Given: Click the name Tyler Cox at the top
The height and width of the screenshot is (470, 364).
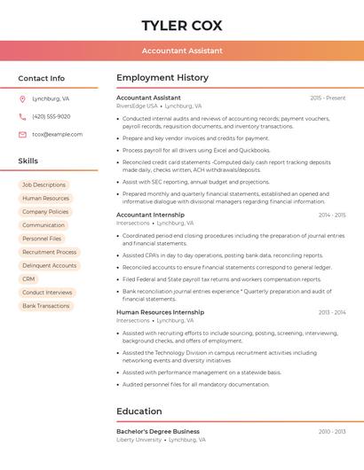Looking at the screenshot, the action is [182, 25].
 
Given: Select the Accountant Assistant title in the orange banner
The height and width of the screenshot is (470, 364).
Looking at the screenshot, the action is [182, 51].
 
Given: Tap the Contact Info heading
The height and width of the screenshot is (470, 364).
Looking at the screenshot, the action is [42, 78].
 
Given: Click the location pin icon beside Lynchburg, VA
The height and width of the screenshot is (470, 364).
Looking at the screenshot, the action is [22, 98].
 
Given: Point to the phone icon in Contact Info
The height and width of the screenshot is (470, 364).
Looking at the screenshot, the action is [22, 116].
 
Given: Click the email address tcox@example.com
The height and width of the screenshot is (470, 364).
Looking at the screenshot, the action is [57, 134].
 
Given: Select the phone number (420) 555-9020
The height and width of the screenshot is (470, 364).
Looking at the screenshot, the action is [51, 116].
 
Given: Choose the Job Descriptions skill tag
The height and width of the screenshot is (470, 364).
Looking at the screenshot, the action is [44, 184].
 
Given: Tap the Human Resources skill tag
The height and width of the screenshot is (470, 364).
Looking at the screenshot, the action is [45, 199].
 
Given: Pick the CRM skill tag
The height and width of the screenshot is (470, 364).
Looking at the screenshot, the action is [29, 278].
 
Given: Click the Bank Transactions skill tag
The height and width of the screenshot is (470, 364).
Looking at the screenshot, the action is [45, 306].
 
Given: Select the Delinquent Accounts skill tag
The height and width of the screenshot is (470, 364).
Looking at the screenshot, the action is [49, 265].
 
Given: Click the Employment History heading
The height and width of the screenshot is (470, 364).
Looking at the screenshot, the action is [162, 78].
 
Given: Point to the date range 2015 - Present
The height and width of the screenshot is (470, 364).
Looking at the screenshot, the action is [328, 98].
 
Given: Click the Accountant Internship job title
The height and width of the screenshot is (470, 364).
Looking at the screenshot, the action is [150, 215].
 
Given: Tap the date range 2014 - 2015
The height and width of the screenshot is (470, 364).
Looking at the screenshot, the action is [331, 215].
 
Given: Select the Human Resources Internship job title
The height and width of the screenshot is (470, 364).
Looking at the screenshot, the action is [160, 312].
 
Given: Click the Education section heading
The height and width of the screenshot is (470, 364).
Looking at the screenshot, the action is [140, 411].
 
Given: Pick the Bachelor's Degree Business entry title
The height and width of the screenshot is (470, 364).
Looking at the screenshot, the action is [158, 431].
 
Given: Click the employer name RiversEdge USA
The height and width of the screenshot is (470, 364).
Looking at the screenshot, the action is [137, 106].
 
